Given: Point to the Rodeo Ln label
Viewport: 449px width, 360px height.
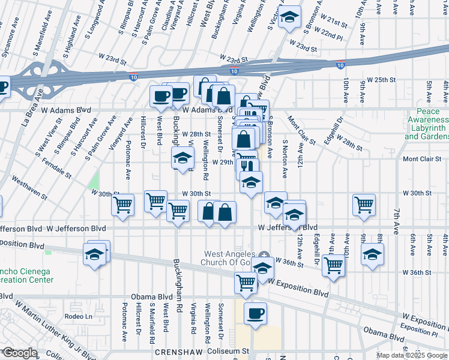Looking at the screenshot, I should tap(80, 316).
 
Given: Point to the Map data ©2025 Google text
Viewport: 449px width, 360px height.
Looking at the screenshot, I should tap(412, 355).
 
